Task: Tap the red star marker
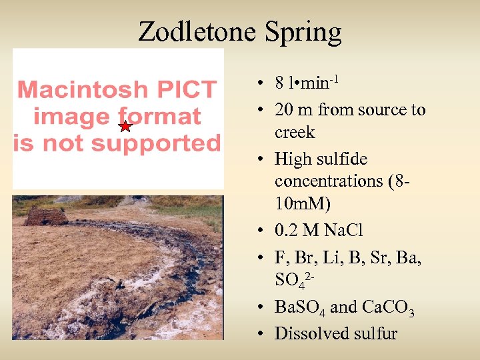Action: click(x=125, y=126)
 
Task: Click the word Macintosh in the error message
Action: click(x=82, y=89)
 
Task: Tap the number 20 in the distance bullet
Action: click(x=284, y=110)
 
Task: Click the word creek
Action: click(x=295, y=132)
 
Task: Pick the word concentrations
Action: click(x=331, y=181)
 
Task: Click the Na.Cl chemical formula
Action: click(x=339, y=230)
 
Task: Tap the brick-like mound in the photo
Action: click(x=47, y=216)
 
